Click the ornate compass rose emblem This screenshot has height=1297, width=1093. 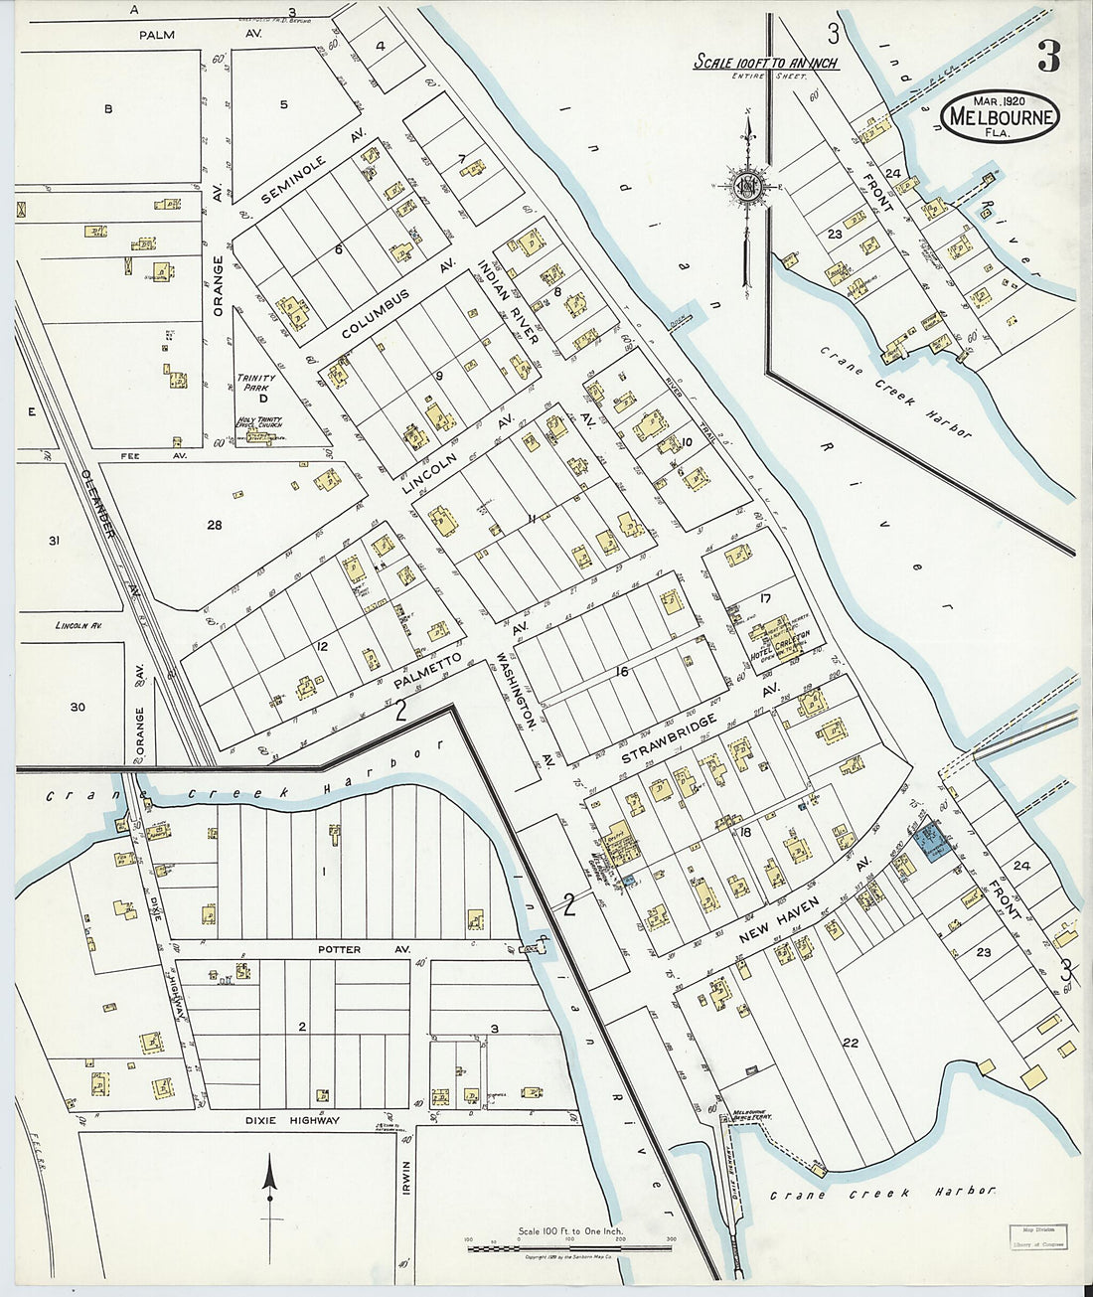coord(747,185)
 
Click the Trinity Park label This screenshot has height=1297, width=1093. coord(255,384)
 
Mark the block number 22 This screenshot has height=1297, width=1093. coord(850,1043)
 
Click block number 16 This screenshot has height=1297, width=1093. coord(622,672)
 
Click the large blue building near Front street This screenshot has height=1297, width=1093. coord(933,843)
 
